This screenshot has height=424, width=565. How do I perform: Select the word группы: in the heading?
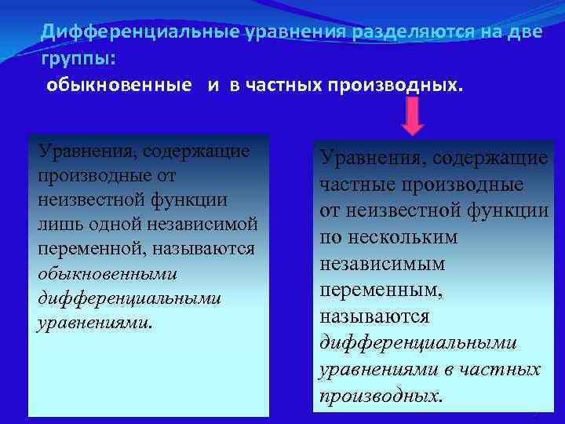pyautogui.click(x=79, y=58)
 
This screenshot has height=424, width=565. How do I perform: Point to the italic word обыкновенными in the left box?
pyautogui.click(x=108, y=273)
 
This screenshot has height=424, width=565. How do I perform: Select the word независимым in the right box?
pyautogui.click(x=382, y=263)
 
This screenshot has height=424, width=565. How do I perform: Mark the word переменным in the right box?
pyautogui.click(x=381, y=290)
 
